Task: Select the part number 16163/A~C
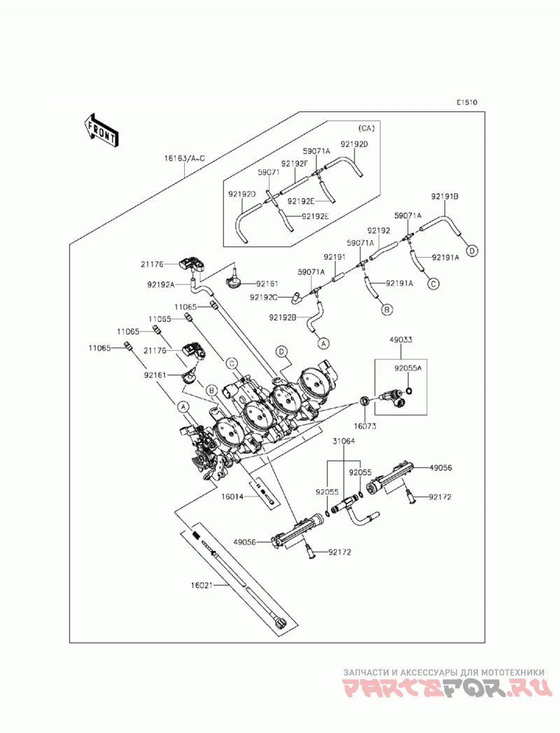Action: pyautogui.click(x=184, y=158)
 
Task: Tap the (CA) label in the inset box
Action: pyautogui.click(x=366, y=127)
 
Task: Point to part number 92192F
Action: pyautogui.click(x=295, y=164)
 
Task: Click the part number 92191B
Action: pyautogui.click(x=444, y=197)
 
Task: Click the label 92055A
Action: pyautogui.click(x=407, y=368)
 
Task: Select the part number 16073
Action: pyautogui.click(x=365, y=426)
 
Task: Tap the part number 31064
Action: pyautogui.click(x=344, y=441)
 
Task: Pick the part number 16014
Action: pyautogui.click(x=232, y=496)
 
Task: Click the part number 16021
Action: pyautogui.click(x=202, y=585)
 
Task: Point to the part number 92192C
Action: pyautogui.click(x=263, y=298)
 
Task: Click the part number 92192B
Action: pyautogui.click(x=282, y=317)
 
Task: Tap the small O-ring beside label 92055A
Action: pyautogui.click(x=408, y=391)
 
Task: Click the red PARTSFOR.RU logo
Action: pyautogui.click(x=444, y=689)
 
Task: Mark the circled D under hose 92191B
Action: pyautogui.click(x=472, y=251)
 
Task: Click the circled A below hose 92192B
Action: pyautogui.click(x=323, y=343)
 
